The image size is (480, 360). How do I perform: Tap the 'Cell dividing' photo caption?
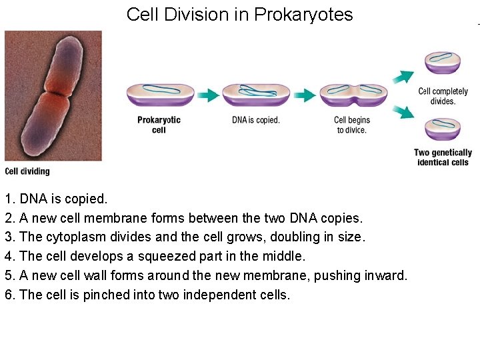click(27, 171)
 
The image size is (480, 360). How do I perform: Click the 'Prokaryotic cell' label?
click(159, 125)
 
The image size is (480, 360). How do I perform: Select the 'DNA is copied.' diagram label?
click(255, 120)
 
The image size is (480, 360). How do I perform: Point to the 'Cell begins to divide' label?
click(351, 125)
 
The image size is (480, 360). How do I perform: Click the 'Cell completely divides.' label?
click(443, 96)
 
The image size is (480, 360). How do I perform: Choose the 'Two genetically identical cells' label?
click(443, 157)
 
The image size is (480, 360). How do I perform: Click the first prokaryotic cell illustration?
click(160, 95)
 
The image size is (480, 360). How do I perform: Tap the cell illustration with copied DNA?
click(255, 95)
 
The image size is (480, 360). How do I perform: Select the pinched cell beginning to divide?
click(353, 95)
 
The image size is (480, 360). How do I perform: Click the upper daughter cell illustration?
click(443, 62)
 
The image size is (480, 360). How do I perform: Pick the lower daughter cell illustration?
click(443, 129)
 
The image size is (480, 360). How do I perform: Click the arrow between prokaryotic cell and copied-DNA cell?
click(208, 95)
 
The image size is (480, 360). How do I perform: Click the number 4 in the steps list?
click(9, 257)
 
